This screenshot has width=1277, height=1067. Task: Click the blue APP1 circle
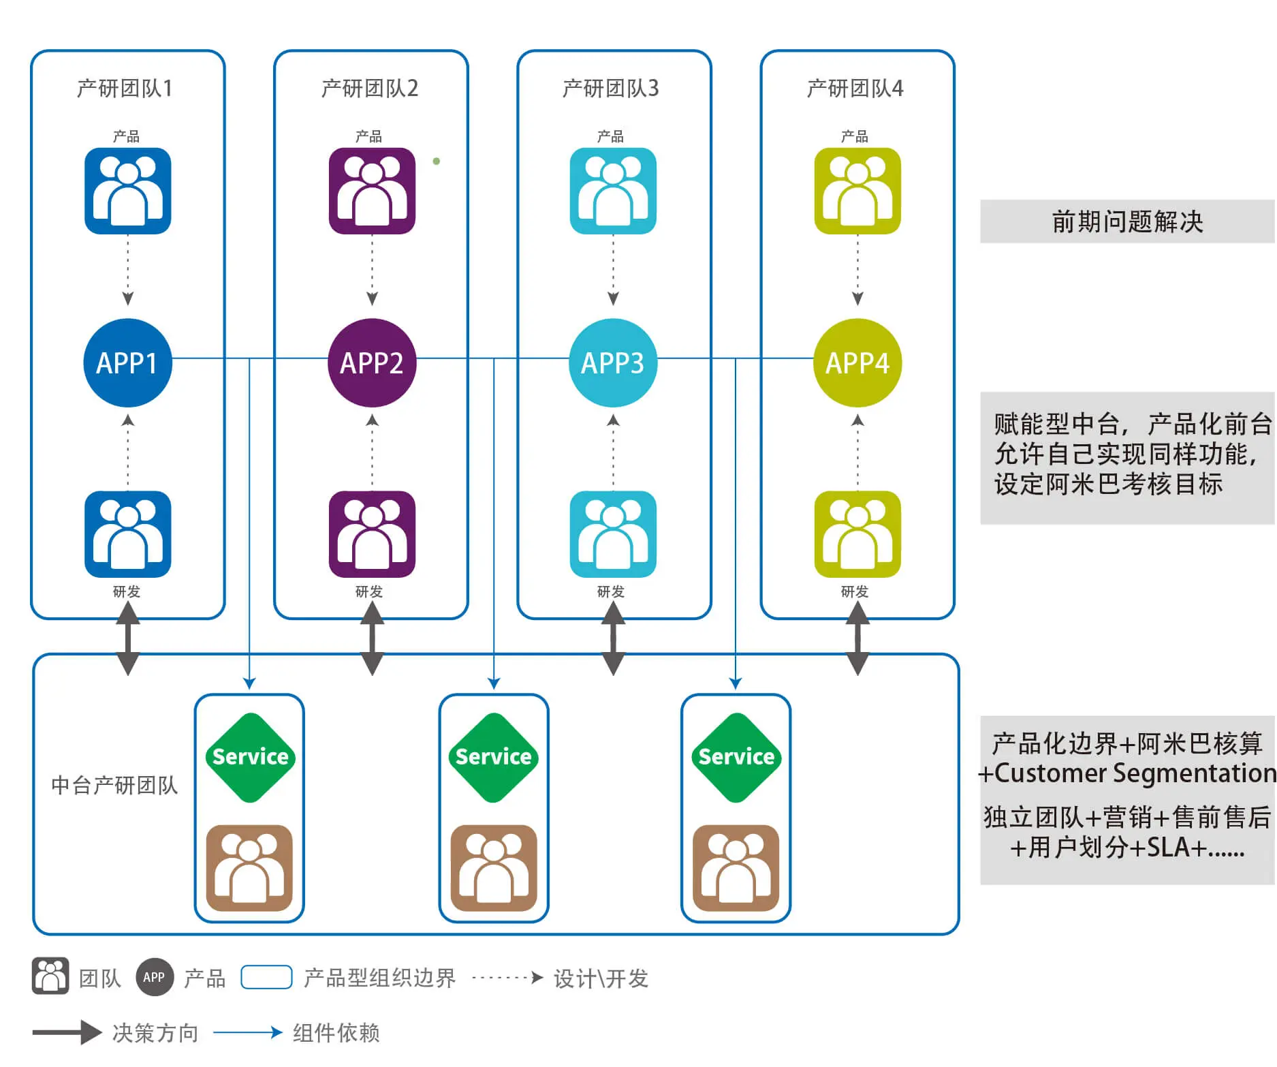(x=127, y=362)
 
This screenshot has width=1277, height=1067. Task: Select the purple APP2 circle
(x=372, y=362)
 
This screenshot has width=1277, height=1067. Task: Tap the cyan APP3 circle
(x=613, y=362)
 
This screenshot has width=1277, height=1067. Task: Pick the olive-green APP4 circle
(x=857, y=362)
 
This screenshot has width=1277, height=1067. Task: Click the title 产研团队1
(x=125, y=89)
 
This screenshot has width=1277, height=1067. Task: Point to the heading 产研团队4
(x=855, y=89)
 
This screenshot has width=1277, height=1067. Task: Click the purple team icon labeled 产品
(x=372, y=191)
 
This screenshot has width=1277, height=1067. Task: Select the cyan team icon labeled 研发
(x=613, y=533)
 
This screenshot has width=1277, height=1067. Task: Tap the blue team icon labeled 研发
(x=127, y=533)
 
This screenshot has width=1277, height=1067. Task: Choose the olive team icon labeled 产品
(x=857, y=191)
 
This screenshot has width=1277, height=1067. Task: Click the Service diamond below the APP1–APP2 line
(x=250, y=757)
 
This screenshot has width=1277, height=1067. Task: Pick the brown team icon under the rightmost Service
(x=736, y=867)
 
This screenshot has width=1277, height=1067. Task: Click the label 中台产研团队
(x=114, y=786)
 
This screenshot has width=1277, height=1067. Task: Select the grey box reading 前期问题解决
(x=1127, y=221)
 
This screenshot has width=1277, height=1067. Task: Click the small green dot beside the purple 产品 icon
(x=437, y=161)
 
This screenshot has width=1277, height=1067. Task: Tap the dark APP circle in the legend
(x=154, y=977)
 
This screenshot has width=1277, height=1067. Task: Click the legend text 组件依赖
(x=336, y=1033)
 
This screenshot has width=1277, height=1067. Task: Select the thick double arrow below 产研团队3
(x=613, y=638)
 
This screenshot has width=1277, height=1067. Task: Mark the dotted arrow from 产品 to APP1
(x=127, y=270)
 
